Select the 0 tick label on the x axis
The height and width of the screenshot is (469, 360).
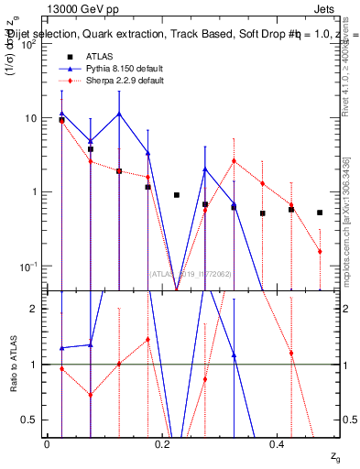coord(47,443)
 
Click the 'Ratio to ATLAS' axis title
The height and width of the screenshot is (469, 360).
coord(14,364)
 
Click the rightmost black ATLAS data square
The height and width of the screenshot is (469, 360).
coord(320,213)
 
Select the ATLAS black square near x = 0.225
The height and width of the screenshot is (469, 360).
coord(177,195)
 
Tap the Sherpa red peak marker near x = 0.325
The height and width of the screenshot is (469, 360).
coord(234,161)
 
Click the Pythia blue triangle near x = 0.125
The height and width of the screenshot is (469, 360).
coord(119,115)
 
